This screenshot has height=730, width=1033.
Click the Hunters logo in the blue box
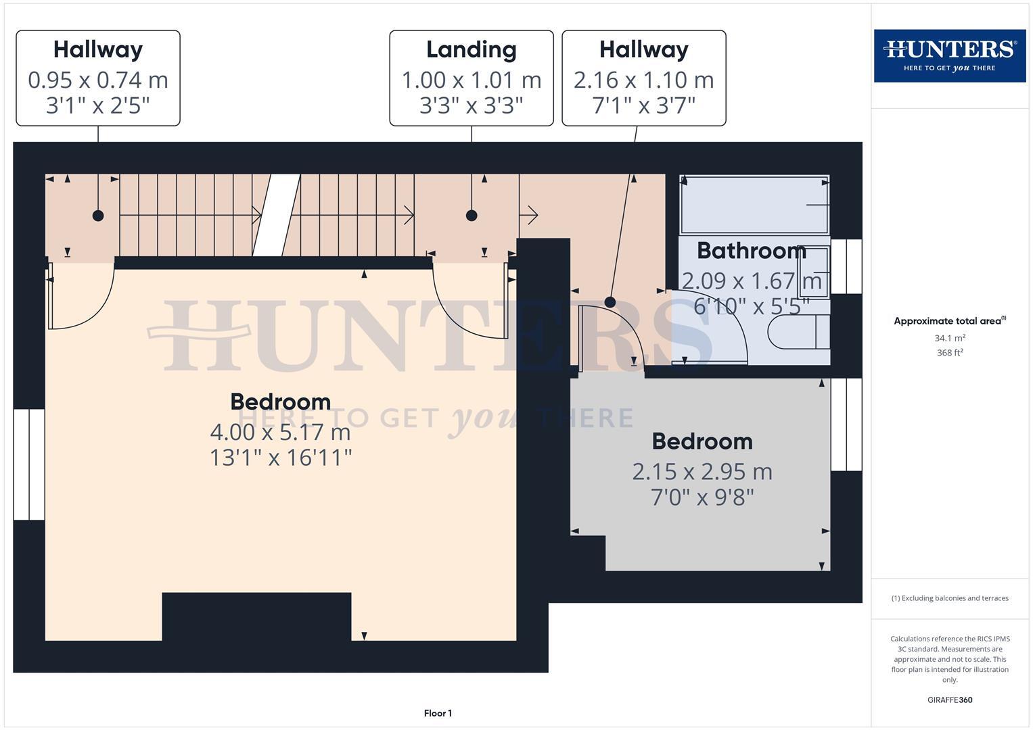coord(949,55)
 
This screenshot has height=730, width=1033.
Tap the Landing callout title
coord(471,50)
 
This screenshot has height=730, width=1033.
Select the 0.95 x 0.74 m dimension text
coord(98,80)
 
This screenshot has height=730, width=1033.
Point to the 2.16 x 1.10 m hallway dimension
coord(643,80)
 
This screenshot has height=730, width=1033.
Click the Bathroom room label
coord(751,251)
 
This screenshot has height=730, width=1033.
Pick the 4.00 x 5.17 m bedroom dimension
coord(280,431)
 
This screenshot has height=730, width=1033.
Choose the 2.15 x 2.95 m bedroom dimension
coord(702,471)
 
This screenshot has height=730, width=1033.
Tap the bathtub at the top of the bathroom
coord(754,204)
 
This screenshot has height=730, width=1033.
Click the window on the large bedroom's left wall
coord(29,464)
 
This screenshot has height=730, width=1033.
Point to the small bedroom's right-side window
coord(846,424)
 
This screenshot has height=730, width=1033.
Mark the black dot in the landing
coord(472,216)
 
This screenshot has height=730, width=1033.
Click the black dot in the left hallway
coord(98,216)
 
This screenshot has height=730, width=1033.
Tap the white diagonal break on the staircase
coord(277,215)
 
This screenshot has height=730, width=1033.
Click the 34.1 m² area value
coord(950,338)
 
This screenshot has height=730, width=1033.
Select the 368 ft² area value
coord(950,353)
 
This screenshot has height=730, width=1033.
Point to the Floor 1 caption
coord(438,713)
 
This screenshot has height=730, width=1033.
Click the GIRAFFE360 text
coord(950,700)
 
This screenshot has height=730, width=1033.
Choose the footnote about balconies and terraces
coord(950,598)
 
